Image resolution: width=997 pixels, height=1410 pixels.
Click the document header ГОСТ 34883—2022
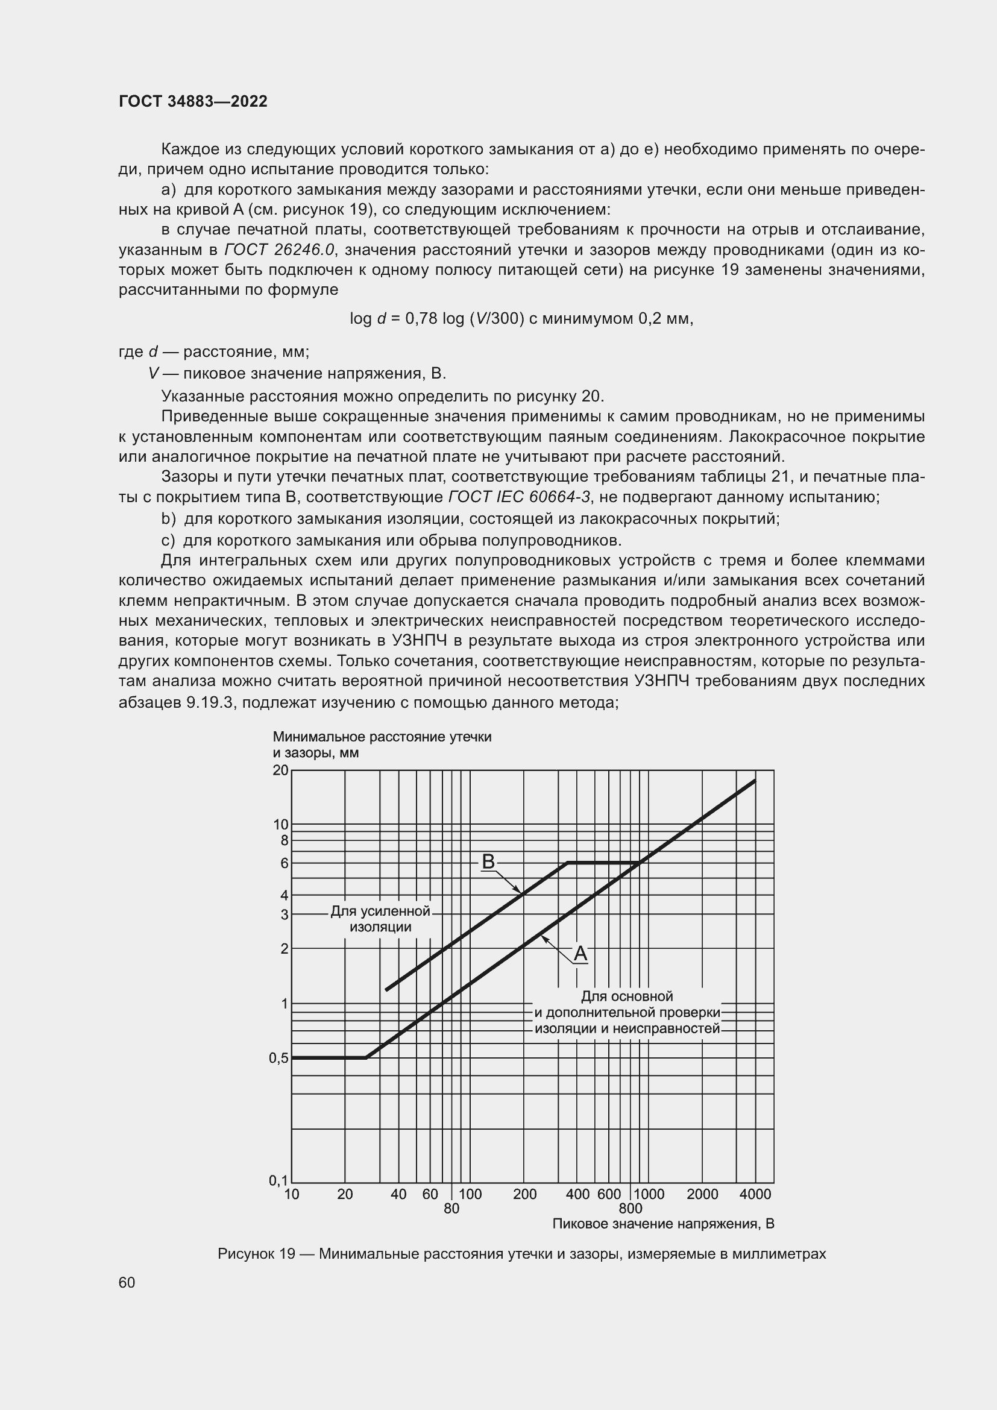(x=193, y=101)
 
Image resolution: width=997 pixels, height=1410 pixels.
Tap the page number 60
(x=127, y=1282)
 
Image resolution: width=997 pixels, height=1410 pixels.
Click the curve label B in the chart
(x=488, y=861)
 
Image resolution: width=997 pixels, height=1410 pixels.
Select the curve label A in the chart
(x=580, y=954)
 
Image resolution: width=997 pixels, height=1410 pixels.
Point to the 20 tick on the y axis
(x=280, y=770)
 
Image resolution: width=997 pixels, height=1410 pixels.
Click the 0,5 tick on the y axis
(x=278, y=1058)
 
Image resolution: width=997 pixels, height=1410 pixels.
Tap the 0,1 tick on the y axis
(x=278, y=1180)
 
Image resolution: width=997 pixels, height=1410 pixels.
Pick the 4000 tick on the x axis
(x=755, y=1194)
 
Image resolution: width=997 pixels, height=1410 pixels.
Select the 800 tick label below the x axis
(x=631, y=1209)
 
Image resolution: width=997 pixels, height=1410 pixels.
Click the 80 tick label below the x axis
(x=451, y=1209)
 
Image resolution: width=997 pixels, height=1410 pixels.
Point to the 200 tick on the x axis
(x=524, y=1194)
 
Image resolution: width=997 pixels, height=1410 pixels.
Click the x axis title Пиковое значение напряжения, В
(x=663, y=1224)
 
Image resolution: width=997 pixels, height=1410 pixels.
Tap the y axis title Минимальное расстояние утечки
(x=382, y=737)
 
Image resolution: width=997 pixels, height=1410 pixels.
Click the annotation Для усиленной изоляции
(x=380, y=919)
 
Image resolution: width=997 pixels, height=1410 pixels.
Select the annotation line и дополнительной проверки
(x=627, y=1012)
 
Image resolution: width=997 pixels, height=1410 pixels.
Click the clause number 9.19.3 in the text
(x=210, y=702)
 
